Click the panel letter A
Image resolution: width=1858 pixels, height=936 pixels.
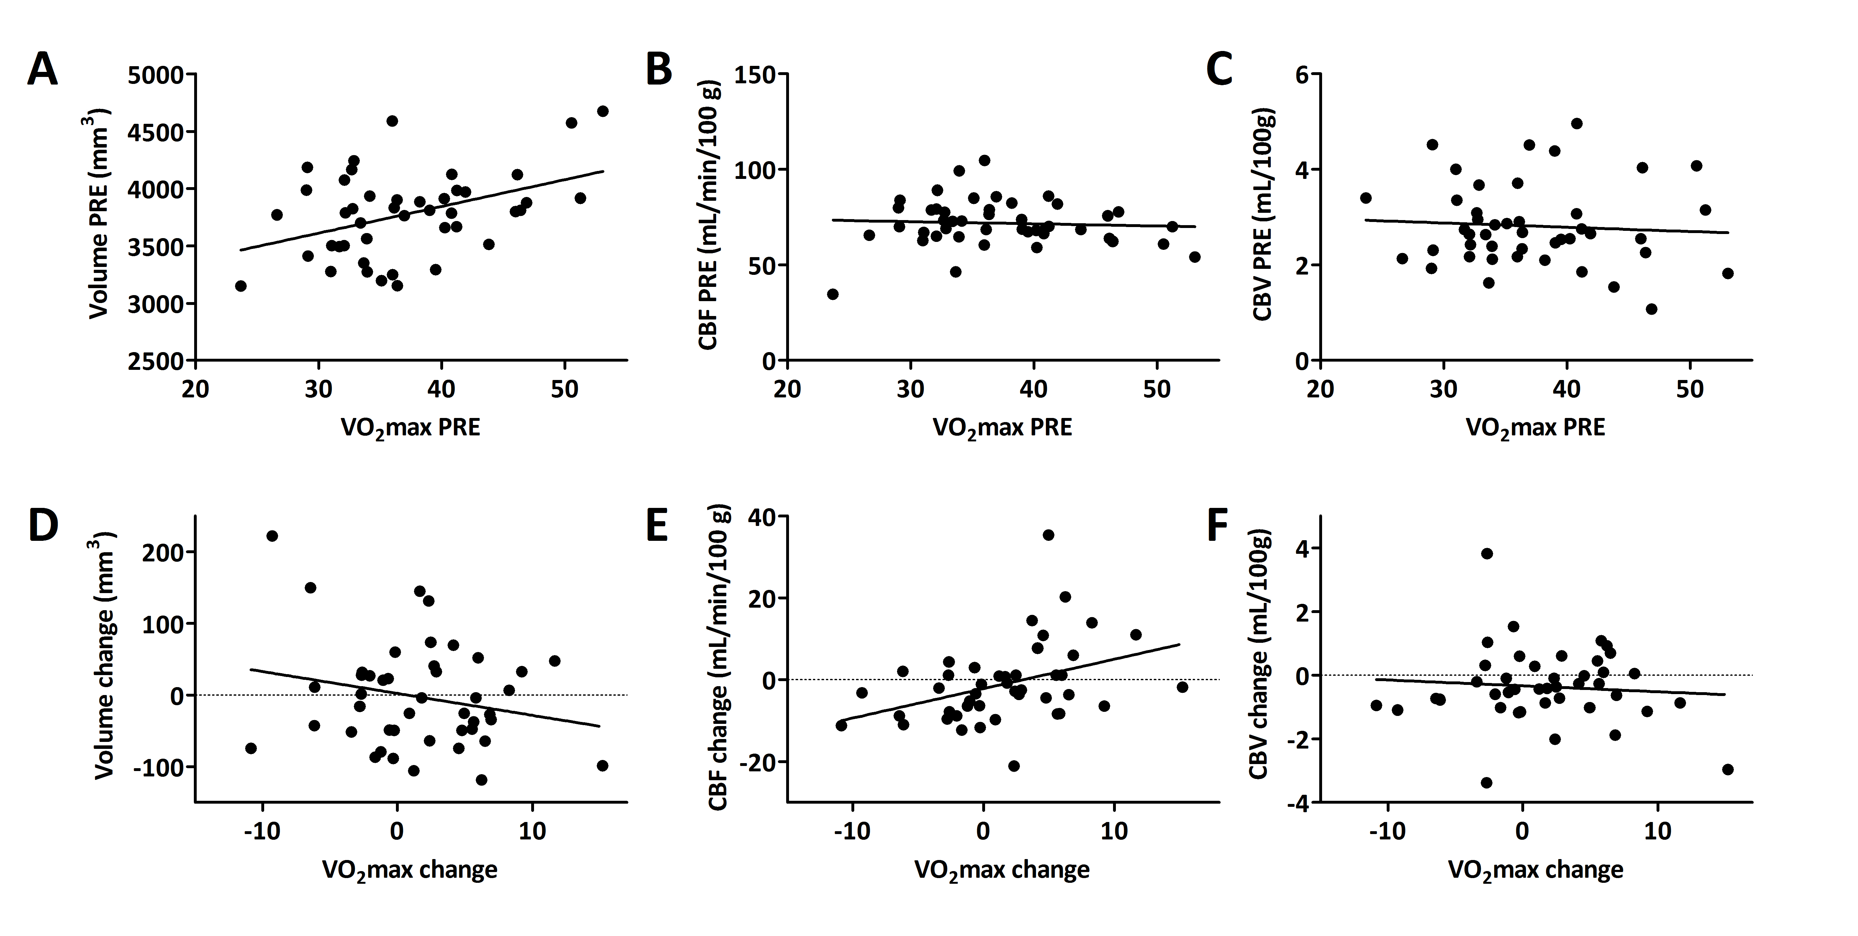point(42,72)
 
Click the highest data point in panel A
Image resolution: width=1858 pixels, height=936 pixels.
point(603,111)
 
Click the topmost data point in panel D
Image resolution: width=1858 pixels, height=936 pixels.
point(272,536)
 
